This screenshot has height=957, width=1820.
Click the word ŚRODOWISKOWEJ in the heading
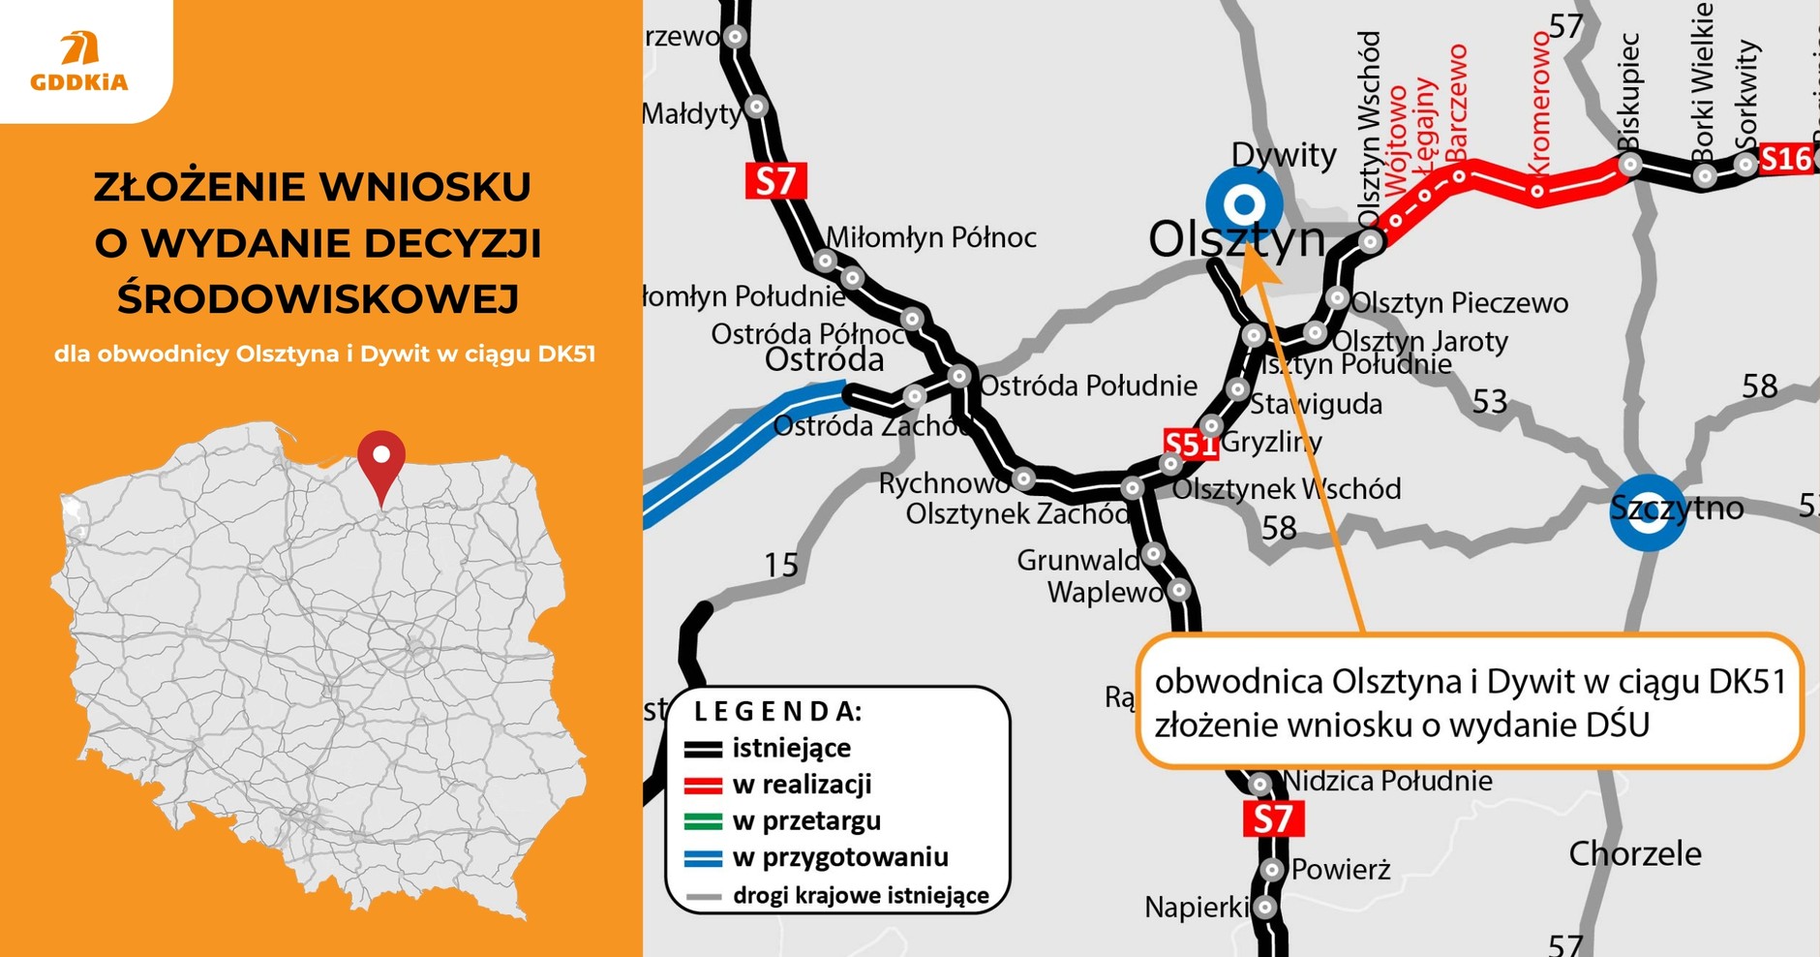tap(318, 298)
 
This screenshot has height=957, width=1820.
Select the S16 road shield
tap(1784, 159)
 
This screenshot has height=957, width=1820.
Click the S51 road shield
tap(1190, 445)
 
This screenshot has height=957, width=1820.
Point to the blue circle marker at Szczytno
tap(1647, 512)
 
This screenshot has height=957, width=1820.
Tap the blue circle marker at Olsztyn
tap(1244, 204)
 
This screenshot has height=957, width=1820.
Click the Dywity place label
tap(1283, 154)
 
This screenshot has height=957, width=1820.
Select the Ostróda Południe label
tap(1088, 386)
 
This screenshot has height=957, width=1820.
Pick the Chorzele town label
tap(1634, 853)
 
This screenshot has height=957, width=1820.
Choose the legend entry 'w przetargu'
tap(806, 820)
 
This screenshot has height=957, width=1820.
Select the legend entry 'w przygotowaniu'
tap(839, 857)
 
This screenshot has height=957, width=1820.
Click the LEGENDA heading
tap(777, 711)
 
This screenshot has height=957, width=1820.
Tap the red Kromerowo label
tap(1538, 102)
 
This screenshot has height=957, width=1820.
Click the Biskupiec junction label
tap(1628, 92)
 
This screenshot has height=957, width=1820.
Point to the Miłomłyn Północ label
tap(930, 237)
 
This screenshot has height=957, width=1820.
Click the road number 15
tap(781, 564)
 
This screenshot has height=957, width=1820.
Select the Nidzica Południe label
tap(1387, 780)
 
